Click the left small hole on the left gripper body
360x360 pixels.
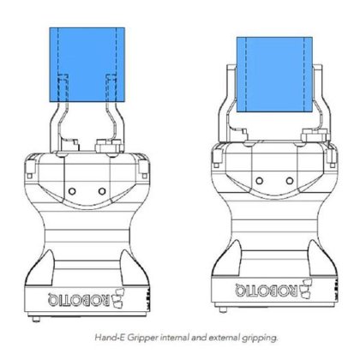tap(72, 189)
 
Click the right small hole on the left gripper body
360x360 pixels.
tap(100, 189)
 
